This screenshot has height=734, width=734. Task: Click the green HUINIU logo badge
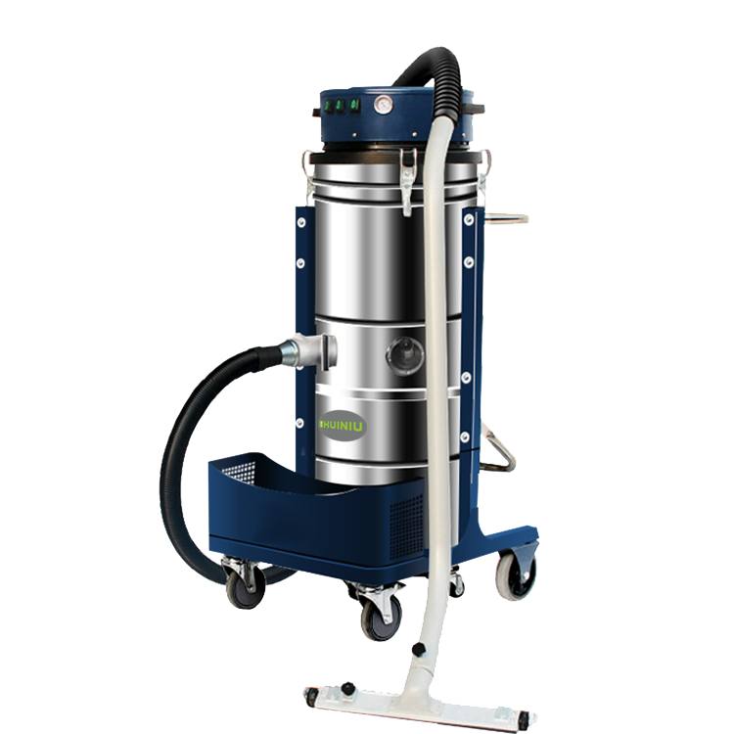click(x=343, y=426)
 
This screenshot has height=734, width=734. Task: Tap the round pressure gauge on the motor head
click(x=384, y=105)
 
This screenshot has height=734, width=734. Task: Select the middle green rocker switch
click(x=341, y=106)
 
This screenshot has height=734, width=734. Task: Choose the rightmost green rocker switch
click(x=355, y=105)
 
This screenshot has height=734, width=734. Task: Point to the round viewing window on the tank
click(x=405, y=356)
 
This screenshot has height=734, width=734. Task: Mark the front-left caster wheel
click(x=246, y=585)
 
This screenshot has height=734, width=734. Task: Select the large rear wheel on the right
click(x=516, y=574)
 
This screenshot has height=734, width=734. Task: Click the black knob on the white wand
click(x=419, y=649)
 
